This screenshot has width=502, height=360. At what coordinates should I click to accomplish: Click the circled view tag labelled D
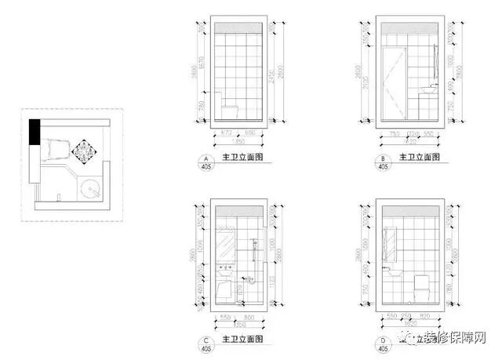coord(383,343)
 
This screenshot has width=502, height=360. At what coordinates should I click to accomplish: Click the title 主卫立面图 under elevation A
coord(242,158)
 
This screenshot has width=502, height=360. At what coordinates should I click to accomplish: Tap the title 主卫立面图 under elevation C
coord(242,339)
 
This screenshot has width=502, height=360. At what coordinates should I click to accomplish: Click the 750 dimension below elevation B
coord(395,133)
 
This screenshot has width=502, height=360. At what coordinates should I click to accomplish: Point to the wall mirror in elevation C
coord(226,245)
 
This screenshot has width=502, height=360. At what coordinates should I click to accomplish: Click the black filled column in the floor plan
coord(35,131)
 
